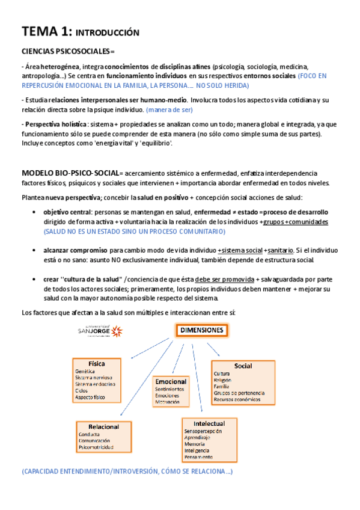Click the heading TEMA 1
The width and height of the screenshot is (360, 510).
[46, 31]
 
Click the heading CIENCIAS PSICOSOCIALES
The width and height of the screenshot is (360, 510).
[67, 52]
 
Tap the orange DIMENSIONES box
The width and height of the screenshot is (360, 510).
[201, 330]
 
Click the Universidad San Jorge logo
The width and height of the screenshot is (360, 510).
[100, 330]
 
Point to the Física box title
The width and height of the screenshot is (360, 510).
[97, 364]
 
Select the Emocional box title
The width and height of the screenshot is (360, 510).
[171, 381]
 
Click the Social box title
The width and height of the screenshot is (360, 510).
[243, 366]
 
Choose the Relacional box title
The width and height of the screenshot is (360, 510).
[103, 426]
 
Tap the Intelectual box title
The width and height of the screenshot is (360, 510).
[209, 423]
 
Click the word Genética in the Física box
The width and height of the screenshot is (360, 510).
[86, 372]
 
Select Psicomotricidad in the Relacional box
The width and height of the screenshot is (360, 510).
[96, 447]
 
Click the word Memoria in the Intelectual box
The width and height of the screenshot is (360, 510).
[196, 444]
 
